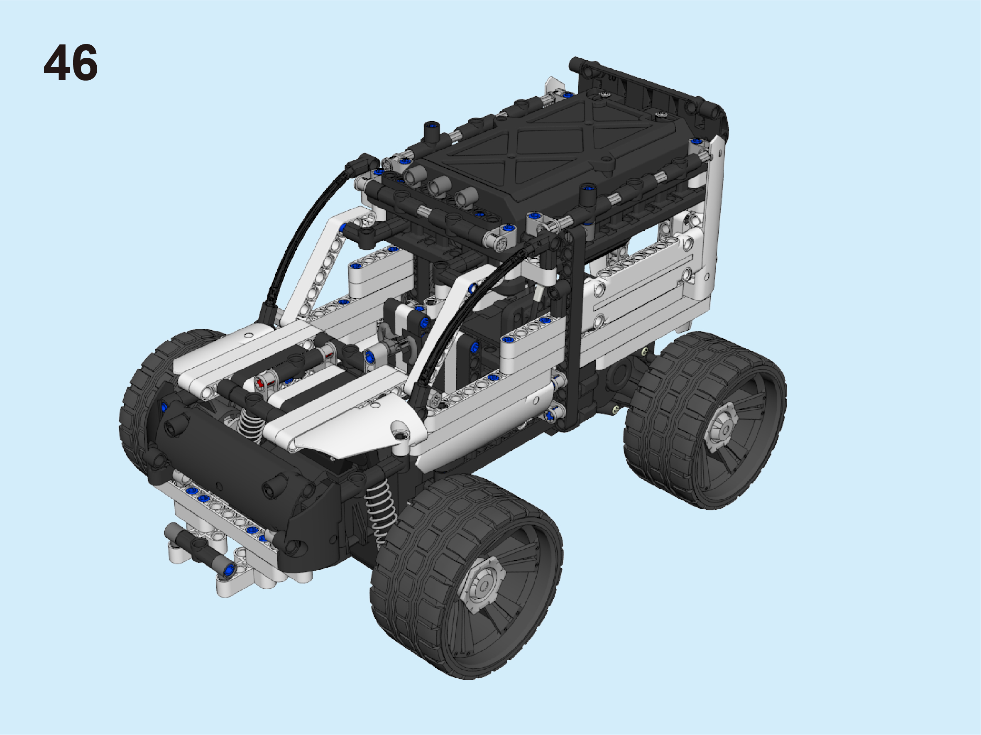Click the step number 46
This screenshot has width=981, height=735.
[x=71, y=63]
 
